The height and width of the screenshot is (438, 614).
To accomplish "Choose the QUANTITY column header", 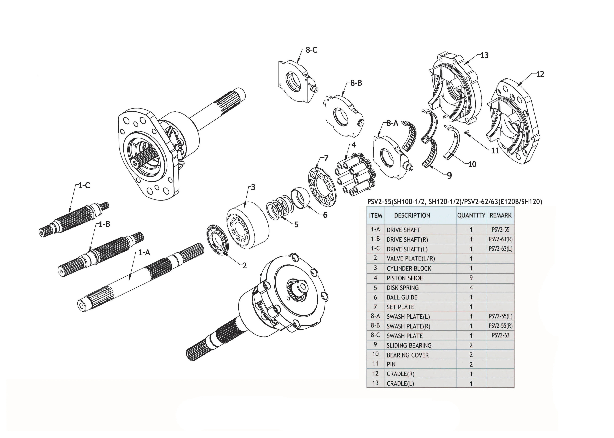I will (471, 215).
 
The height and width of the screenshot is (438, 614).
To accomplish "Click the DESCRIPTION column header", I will (412, 215).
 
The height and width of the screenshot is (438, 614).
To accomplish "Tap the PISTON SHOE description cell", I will (405, 278).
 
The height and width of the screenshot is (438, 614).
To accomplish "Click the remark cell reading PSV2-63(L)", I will (500, 249).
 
